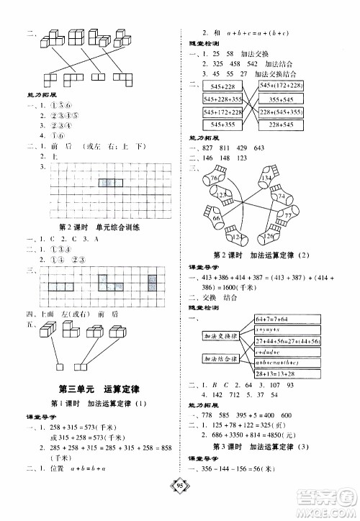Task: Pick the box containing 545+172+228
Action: coord(222,113)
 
